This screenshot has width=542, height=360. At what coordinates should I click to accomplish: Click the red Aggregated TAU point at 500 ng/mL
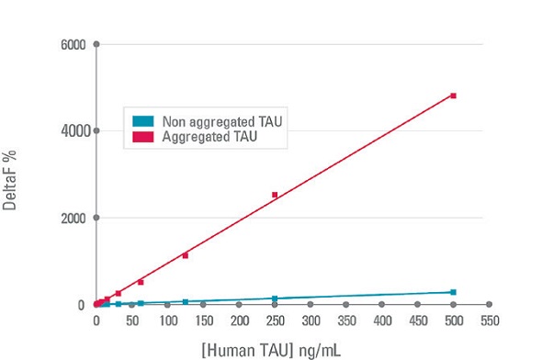[453, 96]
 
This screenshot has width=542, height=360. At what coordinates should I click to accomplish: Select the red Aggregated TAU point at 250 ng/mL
[274, 195]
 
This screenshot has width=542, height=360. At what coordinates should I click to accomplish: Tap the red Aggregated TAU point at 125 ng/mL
[185, 255]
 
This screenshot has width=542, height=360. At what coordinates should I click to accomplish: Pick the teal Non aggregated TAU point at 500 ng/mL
[453, 292]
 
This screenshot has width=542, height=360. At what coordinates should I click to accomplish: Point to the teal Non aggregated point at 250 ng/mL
[274, 298]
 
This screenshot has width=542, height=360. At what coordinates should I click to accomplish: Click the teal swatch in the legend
[141, 121]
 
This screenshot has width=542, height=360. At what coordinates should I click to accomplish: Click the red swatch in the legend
[141, 137]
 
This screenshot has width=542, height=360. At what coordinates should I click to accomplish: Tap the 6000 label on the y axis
[73, 44]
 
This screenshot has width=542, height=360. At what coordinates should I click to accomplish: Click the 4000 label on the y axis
[73, 131]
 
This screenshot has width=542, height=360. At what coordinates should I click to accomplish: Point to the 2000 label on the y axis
[73, 219]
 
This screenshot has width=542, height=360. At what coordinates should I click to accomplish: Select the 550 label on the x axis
[489, 321]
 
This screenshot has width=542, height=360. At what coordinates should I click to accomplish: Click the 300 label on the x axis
[310, 321]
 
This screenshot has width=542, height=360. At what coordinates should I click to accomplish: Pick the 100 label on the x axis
[167, 321]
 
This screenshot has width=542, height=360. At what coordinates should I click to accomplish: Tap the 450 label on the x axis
[417, 321]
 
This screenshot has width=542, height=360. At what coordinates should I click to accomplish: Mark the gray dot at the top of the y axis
[96, 44]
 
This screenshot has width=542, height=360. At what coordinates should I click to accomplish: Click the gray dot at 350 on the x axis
[345, 304]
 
